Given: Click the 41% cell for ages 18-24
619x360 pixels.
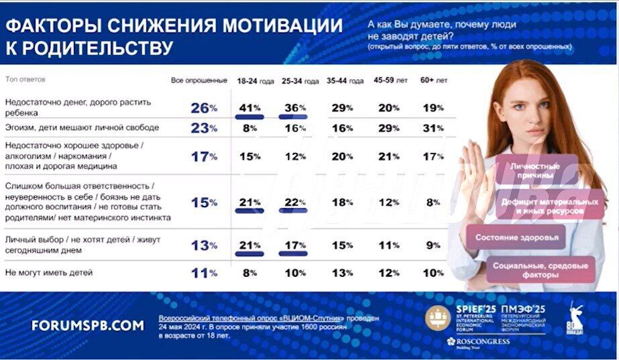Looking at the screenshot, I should tap(249, 107).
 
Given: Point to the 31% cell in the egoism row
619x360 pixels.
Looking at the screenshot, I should tap(433, 127).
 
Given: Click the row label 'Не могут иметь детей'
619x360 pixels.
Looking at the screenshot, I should tap(49, 272).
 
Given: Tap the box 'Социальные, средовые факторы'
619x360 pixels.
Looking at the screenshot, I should tap(540, 270).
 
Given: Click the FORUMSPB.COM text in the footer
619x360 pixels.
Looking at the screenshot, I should tap(87, 325).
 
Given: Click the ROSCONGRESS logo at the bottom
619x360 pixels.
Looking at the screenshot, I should tap(478, 342).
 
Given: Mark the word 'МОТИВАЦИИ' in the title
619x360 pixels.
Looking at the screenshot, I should tap(281, 26).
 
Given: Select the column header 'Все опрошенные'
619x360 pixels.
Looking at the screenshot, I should tap(199, 80).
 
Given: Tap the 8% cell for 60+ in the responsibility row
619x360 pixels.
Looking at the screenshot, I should tap(433, 202).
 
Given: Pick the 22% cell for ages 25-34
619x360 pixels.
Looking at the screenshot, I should tap(293, 202).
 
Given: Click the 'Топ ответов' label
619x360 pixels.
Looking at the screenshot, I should tap(25, 79).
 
